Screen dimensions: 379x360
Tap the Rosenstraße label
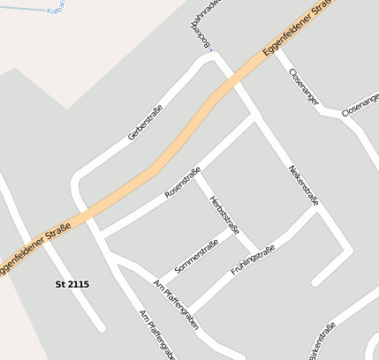pyautogui.click(x=183, y=182)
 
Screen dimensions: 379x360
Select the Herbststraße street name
pyautogui.click(x=224, y=214)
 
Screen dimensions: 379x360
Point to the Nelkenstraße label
pyautogui.click(x=304, y=185)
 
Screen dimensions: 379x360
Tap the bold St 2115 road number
pyautogui.click(x=72, y=284)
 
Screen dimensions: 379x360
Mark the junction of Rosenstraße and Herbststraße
pyautogui.click(x=197, y=175)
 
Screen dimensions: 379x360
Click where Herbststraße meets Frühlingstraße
pyautogui.click(x=259, y=250)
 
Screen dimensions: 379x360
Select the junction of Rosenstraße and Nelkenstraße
pyautogui.click(x=256, y=120)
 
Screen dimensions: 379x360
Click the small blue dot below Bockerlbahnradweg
pyautogui.click(x=210, y=49)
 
